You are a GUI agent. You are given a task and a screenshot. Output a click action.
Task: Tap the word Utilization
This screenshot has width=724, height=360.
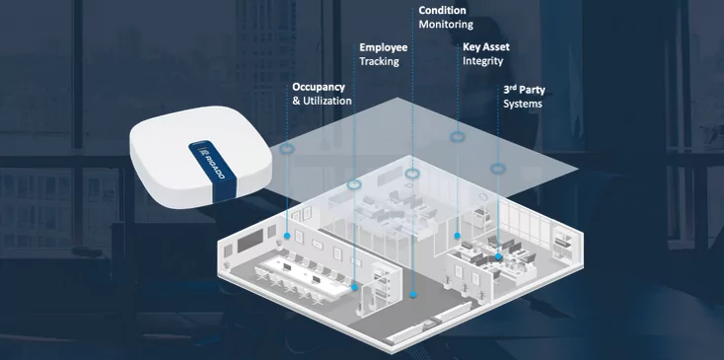coord(326,102)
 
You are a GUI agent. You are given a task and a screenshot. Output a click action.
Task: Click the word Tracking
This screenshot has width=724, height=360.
coord(379,61)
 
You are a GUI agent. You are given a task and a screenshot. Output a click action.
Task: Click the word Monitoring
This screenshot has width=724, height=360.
coord(446,24)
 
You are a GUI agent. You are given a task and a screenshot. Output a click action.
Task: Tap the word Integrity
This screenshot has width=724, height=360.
coord(482,61)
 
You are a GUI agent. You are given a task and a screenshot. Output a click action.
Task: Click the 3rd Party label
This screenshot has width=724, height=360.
coord(524,89)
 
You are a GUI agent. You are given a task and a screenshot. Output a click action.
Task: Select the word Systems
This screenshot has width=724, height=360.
coord(522,104)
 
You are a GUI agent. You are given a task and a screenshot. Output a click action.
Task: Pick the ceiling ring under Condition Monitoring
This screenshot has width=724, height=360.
coord(413,174)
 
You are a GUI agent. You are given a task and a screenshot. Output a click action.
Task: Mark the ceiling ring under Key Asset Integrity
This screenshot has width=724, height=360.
coord(458,136)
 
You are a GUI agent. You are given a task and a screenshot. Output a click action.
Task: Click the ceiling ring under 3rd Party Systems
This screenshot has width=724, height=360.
coord(498,167)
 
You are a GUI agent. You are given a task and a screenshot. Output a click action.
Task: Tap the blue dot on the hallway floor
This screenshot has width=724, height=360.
coord(413,294)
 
